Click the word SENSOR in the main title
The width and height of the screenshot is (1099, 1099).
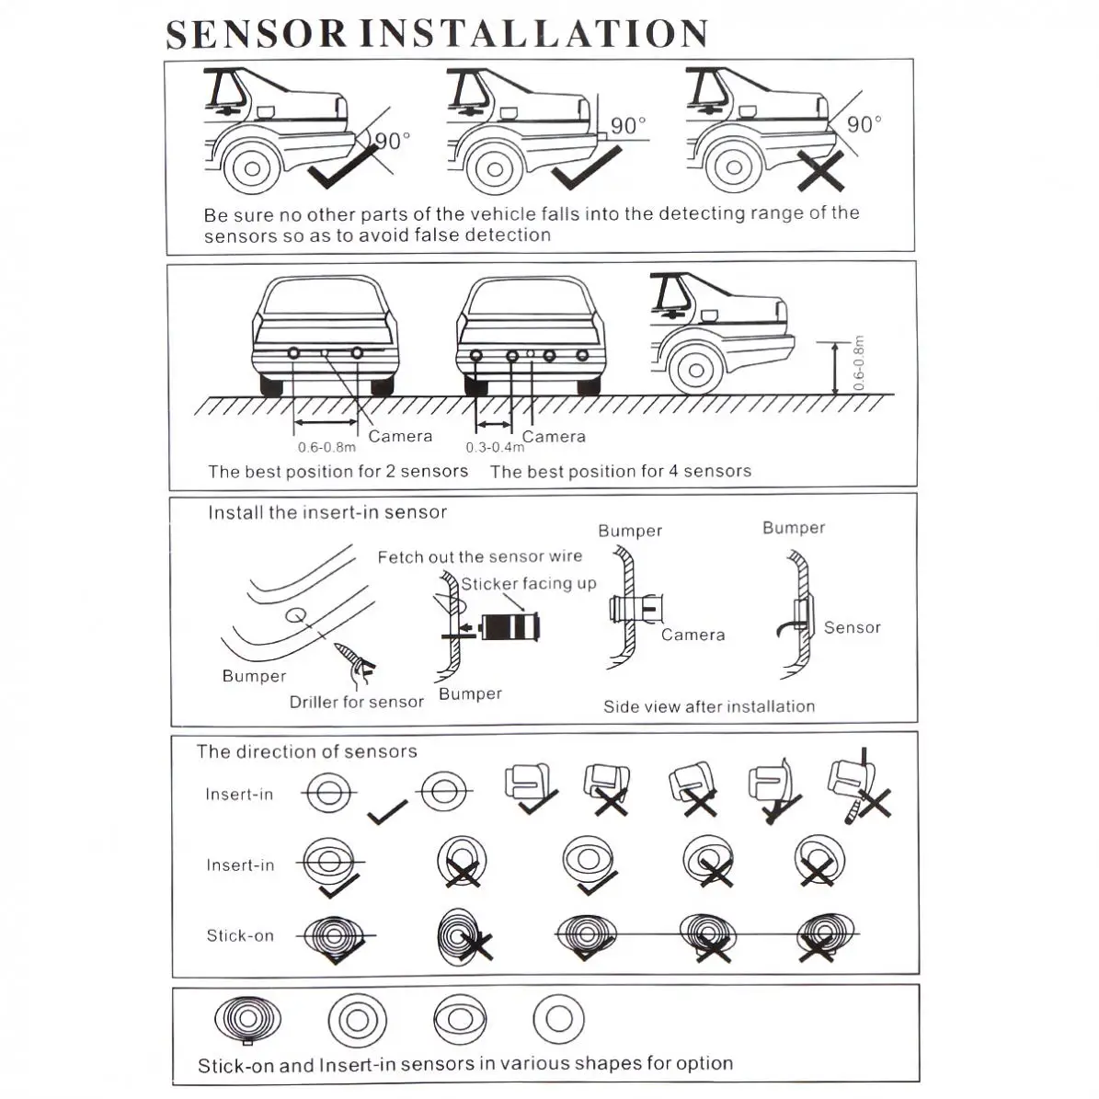257,34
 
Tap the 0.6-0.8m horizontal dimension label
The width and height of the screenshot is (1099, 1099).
326,448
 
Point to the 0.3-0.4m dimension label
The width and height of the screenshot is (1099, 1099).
494,448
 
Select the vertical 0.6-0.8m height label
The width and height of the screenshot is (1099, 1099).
859,364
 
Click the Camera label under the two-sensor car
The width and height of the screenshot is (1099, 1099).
400,436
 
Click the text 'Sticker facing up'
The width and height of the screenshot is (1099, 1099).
529,584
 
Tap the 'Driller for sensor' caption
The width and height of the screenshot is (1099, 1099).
356,702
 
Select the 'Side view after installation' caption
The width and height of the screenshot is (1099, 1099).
709,706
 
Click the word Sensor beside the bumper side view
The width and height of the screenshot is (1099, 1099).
852,627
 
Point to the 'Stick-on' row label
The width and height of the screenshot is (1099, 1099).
240,935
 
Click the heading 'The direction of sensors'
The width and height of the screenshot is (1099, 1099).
306,751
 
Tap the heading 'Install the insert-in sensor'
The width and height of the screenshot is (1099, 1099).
326,512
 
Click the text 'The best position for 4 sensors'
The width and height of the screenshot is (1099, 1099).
621,471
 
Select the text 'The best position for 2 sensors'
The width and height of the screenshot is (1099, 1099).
338,471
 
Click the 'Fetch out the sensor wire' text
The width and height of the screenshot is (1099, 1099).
479,556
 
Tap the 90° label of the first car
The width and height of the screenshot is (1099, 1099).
393,141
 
